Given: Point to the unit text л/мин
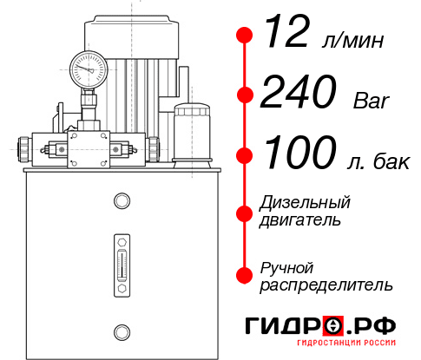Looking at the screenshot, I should click(351, 40).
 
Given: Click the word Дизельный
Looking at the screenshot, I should click(306, 203).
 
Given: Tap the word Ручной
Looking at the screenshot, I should click(286, 267).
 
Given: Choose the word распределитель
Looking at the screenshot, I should click(326, 285).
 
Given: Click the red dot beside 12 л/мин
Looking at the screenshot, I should click(245, 36).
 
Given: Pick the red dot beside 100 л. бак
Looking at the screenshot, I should click(245, 155).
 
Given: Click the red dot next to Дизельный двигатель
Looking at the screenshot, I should click(245, 211).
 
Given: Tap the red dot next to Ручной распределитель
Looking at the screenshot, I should click(245, 275).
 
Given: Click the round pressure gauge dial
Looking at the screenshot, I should click(89, 66).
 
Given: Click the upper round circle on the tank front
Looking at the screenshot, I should click(121, 201).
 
